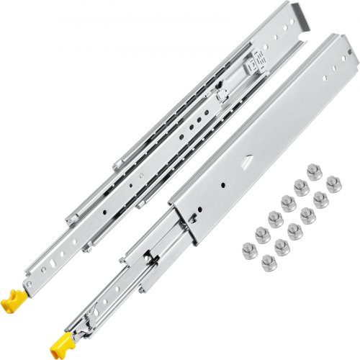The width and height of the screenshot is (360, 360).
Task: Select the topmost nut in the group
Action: (313, 172)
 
